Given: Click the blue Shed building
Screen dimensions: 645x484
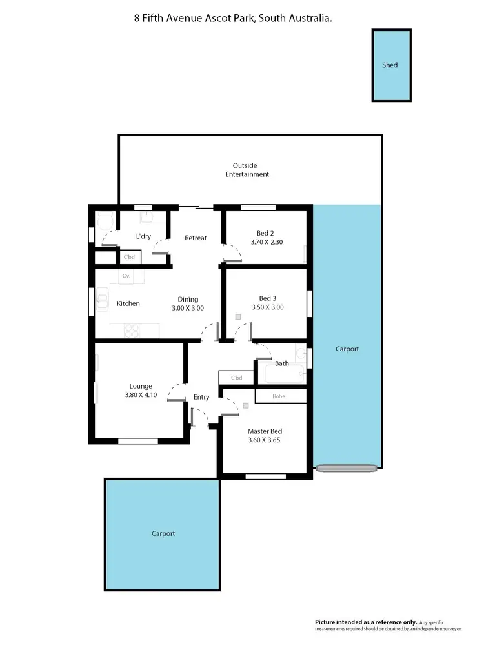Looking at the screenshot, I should click(391, 65).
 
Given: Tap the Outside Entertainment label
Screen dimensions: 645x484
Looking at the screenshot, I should click(247, 170).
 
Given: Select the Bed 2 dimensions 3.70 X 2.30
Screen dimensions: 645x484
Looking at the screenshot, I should click(267, 243).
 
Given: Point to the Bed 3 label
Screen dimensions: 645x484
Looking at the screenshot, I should click(267, 298).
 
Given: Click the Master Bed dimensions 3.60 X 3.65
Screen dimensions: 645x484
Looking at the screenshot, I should click(265, 440).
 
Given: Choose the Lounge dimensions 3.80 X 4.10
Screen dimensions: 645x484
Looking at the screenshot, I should click(140, 395).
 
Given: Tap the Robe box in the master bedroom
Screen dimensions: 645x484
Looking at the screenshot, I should click(279, 396).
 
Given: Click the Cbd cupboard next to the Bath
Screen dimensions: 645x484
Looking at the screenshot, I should click(236, 378).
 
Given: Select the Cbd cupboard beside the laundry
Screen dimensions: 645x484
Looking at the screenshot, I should click(129, 257).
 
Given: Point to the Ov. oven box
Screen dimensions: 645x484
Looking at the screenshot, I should click(126, 276).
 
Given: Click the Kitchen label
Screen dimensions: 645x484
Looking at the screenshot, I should click(128, 303).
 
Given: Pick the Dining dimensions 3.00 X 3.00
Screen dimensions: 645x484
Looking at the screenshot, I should click(188, 309).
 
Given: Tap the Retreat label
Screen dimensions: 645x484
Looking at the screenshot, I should click(196, 238).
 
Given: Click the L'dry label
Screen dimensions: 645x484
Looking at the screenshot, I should click(143, 236).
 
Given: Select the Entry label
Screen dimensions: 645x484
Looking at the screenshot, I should click(201, 397).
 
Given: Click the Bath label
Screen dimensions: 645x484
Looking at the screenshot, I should click(282, 363).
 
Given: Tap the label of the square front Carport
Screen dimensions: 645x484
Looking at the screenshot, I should click(163, 534).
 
